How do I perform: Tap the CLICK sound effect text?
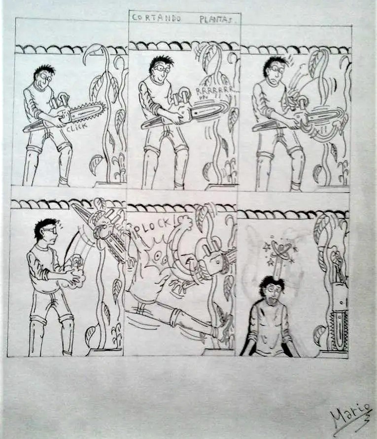[76, 127]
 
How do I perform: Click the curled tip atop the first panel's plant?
[90, 53]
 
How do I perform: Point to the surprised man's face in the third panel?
[274, 74]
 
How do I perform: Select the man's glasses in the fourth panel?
[50, 230]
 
